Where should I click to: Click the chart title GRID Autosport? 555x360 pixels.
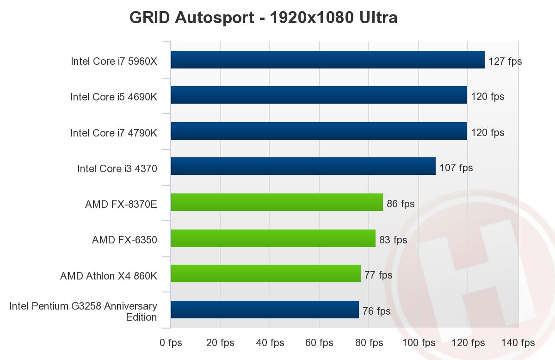pyautogui.click(x=263, y=18)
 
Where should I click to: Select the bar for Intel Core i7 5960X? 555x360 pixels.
pyautogui.click(x=327, y=60)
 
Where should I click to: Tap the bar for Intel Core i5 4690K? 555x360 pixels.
pyautogui.click(x=319, y=95)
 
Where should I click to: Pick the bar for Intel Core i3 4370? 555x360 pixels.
pyautogui.click(x=303, y=166)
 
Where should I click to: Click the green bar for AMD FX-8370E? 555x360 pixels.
pyautogui.click(x=277, y=202)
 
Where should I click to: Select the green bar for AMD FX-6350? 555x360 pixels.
pyautogui.click(x=273, y=238)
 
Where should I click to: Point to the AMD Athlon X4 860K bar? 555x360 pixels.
pyautogui.click(x=265, y=273)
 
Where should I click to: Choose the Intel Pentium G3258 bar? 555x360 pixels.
pyautogui.click(x=265, y=310)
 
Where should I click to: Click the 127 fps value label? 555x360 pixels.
pyautogui.click(x=505, y=61)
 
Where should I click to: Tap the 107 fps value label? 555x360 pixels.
pyautogui.click(x=456, y=168)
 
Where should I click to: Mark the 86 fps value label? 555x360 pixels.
pyautogui.click(x=401, y=204)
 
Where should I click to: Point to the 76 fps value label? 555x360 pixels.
pyautogui.click(x=376, y=311)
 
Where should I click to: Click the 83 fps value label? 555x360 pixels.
pyautogui.click(x=393, y=240)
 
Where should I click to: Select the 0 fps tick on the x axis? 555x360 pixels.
pyautogui.click(x=171, y=343)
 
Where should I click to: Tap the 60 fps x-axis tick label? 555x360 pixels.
pyautogui.click(x=320, y=343)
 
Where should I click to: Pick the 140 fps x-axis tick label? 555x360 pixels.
pyautogui.click(x=518, y=343)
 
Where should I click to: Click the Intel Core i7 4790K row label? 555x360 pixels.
pyautogui.click(x=114, y=133)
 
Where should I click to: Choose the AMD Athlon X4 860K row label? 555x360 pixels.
pyautogui.click(x=109, y=276)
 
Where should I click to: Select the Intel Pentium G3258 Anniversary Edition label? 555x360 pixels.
pyautogui.click(x=83, y=311)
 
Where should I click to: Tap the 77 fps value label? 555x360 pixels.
pyautogui.click(x=378, y=275)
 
